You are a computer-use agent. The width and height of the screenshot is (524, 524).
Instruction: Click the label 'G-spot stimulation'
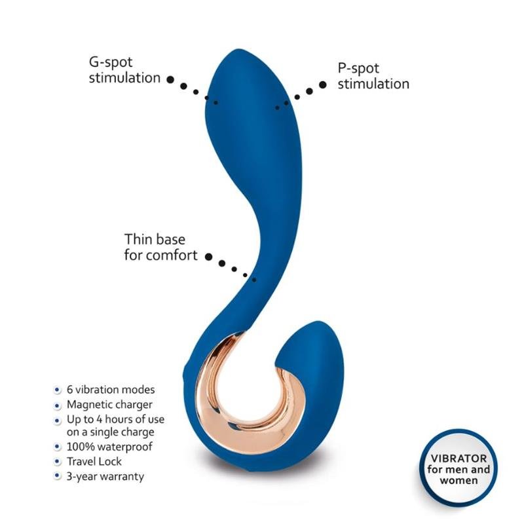coord(124,70)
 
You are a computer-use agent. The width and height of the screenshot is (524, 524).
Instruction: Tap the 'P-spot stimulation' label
coord(373,76)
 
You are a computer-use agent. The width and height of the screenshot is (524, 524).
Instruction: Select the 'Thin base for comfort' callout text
coord(160,248)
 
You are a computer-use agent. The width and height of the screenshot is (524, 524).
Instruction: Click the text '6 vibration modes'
coord(111,390)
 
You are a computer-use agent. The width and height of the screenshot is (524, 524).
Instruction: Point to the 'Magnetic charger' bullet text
coord(109,405)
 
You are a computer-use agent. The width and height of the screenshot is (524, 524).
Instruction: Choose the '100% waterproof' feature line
coord(109,447)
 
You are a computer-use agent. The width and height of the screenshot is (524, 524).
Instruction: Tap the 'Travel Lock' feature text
coord(94,462)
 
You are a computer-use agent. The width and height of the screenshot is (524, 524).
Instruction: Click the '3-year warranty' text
coord(105,477)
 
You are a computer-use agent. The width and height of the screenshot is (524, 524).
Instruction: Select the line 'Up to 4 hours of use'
coord(116,419)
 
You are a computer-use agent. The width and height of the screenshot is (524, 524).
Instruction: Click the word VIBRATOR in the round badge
coord(458,458)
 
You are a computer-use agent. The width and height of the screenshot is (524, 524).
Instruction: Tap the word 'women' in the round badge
coord(458,481)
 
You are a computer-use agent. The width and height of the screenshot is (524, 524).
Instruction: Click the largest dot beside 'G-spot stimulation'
coord(170,79)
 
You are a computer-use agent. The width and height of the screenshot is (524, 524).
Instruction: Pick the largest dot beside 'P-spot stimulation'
coord(322,85)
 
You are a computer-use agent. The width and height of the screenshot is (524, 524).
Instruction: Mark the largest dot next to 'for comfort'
coord(208,257)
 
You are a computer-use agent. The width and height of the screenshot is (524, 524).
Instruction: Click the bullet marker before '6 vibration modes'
coord(57,390)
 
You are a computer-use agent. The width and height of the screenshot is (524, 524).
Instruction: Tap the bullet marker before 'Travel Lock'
coord(57,462)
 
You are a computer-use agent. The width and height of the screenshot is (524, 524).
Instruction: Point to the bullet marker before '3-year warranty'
coord(57,476)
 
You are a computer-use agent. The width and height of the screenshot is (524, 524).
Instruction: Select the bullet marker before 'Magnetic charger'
coord(57,405)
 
